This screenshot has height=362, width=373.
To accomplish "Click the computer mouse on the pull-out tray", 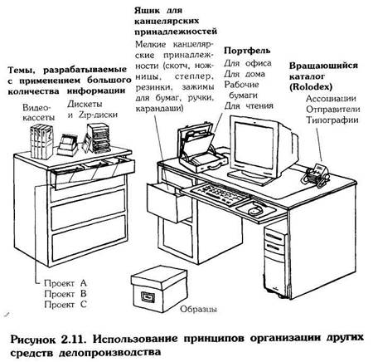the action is (254, 210).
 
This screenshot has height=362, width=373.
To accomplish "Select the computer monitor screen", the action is (254, 147).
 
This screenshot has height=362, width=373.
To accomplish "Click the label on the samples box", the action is (147, 296).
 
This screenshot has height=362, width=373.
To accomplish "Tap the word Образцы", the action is (198, 309).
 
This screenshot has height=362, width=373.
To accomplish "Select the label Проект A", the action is (65, 283).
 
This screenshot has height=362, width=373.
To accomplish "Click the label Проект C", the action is (65, 305).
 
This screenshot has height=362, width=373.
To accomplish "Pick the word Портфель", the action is (247, 51).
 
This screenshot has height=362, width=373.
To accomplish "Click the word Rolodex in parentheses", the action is (311, 87).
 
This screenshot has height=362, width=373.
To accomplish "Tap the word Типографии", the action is (332, 120).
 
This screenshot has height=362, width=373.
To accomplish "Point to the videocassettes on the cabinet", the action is (41, 141).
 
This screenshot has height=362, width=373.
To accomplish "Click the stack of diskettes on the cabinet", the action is (99, 138).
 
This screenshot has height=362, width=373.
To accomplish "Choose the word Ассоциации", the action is (331, 99).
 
